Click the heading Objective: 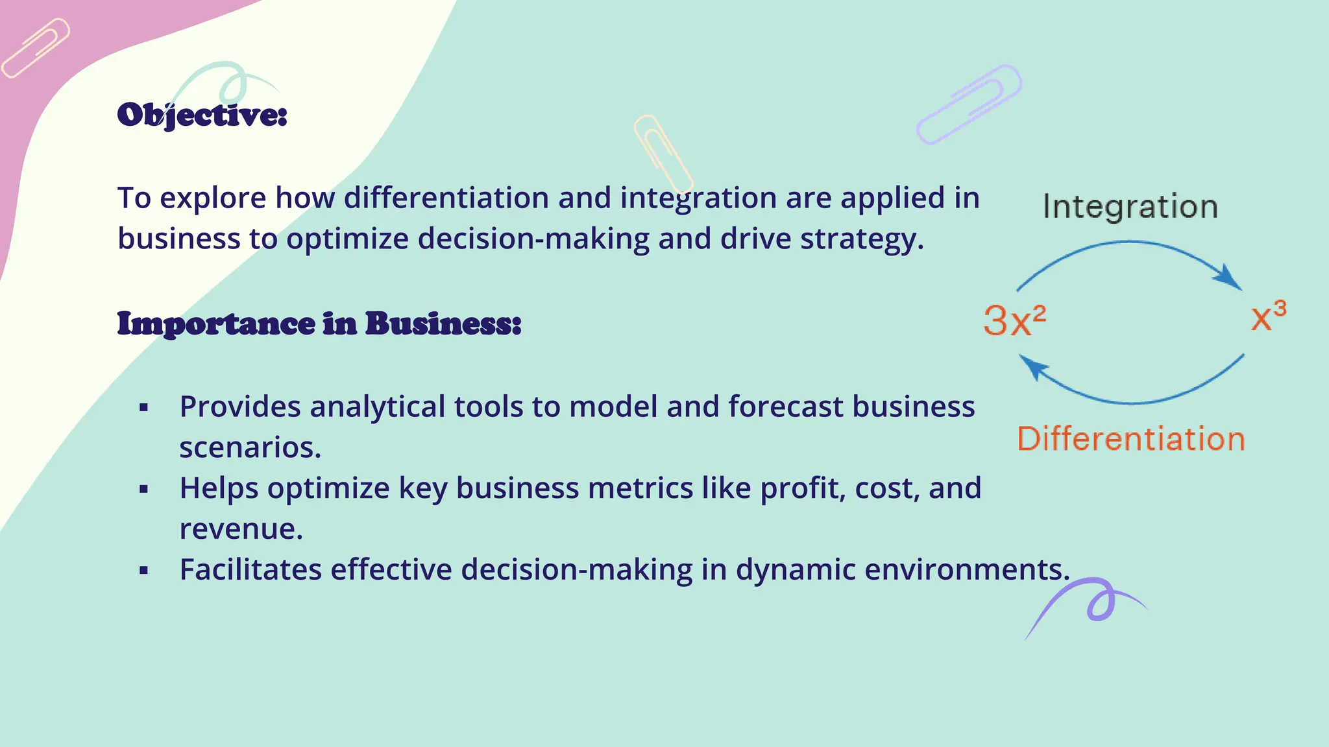pyautogui.click(x=202, y=115)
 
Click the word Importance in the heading pyautogui.click(x=216, y=324)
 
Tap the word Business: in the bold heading pyautogui.click(x=443, y=324)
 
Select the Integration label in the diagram pyautogui.click(x=1130, y=207)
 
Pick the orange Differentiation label pyautogui.click(x=1131, y=439)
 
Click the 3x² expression pyautogui.click(x=1014, y=320)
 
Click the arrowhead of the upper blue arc pyautogui.click(x=1228, y=277)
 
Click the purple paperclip pyautogui.click(x=969, y=104)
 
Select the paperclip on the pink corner pyautogui.click(x=36, y=48)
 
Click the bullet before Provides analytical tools pyautogui.click(x=144, y=408)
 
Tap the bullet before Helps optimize pyautogui.click(x=144, y=490)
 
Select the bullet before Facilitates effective pyautogui.click(x=144, y=571)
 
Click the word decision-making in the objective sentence pyautogui.click(x=533, y=239)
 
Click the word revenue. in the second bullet pyautogui.click(x=241, y=529)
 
